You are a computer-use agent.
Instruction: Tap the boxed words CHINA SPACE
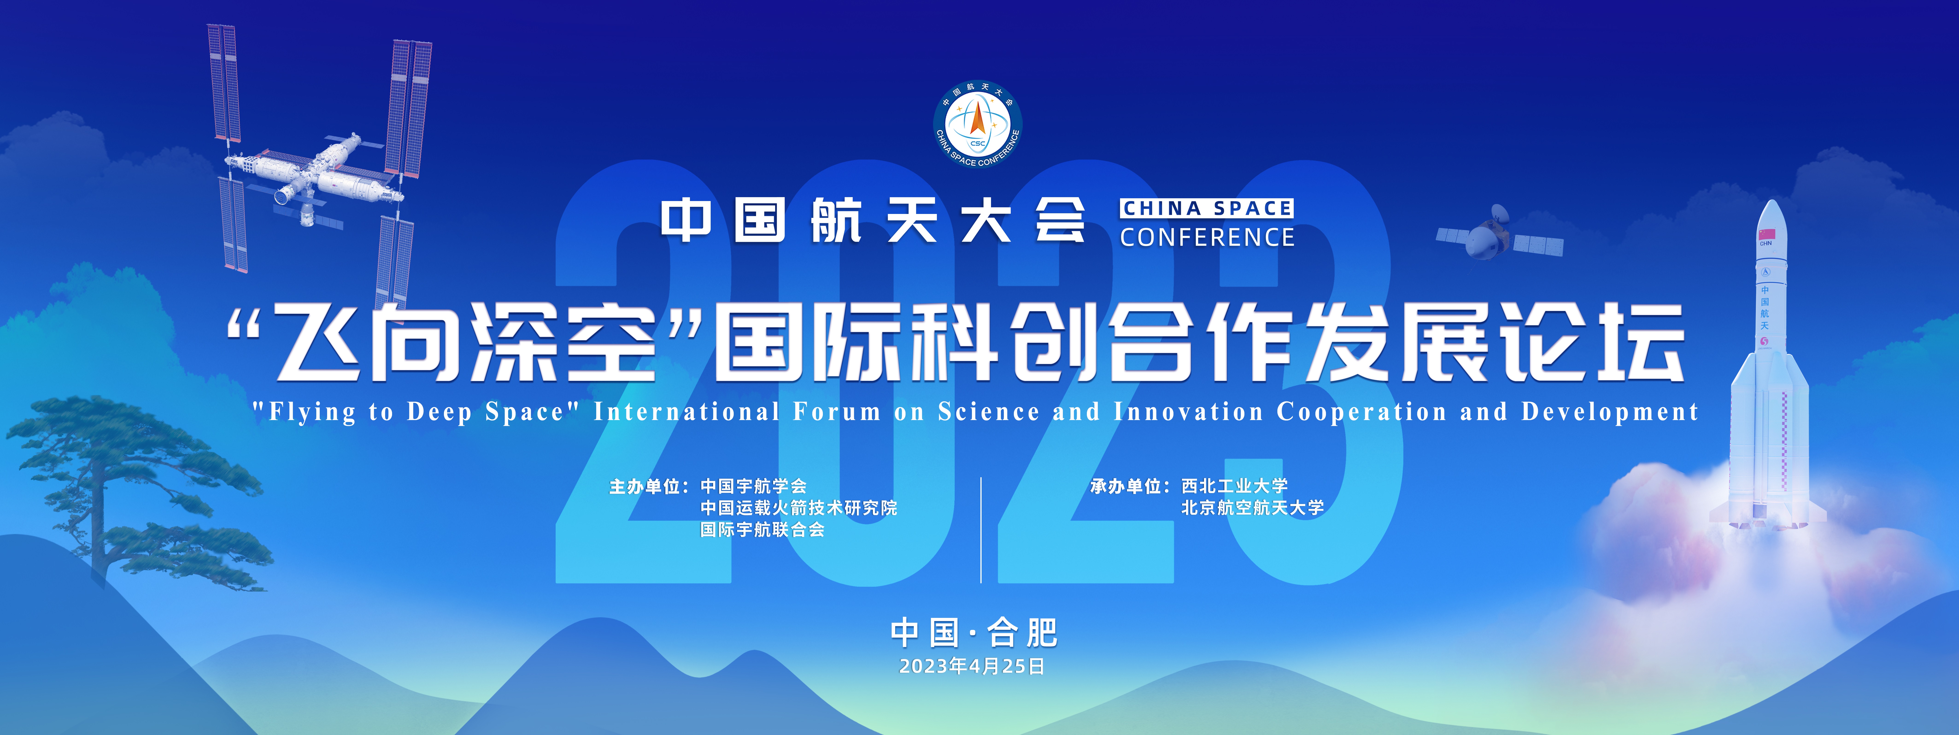point(1207,208)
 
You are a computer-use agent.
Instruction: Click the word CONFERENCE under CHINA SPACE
point(1207,237)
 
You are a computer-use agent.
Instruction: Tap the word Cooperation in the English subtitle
point(1361,412)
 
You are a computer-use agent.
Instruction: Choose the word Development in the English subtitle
point(1609,412)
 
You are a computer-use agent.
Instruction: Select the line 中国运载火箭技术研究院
point(798,507)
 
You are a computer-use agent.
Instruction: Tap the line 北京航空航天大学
point(1252,507)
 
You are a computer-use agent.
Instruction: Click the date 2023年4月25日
point(972,667)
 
